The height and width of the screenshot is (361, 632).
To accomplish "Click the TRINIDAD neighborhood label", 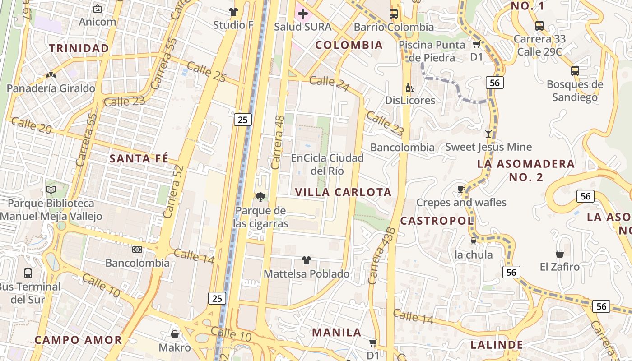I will click(x=79, y=48).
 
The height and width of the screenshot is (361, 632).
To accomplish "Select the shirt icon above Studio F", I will click(x=233, y=12).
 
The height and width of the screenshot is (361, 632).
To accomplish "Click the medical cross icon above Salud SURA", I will click(x=303, y=14).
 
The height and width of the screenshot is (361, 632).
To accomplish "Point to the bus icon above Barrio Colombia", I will click(x=394, y=14).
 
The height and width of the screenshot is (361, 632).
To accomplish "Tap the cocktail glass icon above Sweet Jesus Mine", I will click(x=488, y=133).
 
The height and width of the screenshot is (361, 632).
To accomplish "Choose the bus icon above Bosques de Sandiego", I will click(x=575, y=70).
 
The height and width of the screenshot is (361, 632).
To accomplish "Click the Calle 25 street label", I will click(x=206, y=72).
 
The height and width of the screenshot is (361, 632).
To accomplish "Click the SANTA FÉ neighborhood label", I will click(x=139, y=158).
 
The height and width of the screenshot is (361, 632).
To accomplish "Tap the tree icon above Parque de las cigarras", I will click(x=260, y=197).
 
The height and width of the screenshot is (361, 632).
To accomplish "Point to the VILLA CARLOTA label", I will click(x=343, y=192).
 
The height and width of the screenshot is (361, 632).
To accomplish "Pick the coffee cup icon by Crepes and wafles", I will click(x=461, y=189).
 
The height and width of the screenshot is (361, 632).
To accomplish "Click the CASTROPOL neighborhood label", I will click(x=437, y=221).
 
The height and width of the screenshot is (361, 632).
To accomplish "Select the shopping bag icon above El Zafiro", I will click(x=560, y=254).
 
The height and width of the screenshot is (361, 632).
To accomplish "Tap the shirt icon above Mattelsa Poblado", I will click(x=307, y=260).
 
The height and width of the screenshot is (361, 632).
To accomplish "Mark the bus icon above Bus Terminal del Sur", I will click(x=28, y=273).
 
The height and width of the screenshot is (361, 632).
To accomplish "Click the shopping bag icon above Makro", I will click(x=175, y=334).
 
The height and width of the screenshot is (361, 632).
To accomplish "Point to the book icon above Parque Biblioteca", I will click(x=51, y=190).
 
